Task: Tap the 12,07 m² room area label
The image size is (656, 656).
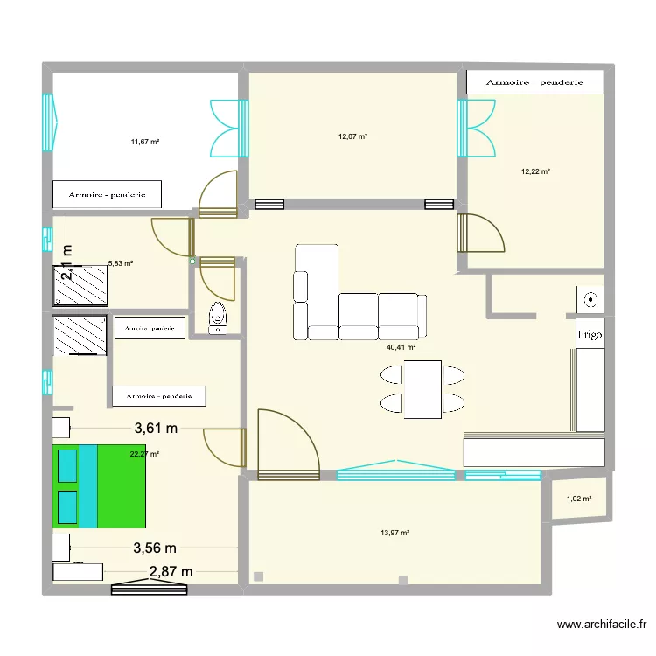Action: click(352, 136)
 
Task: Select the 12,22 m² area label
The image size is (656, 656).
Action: click(535, 171)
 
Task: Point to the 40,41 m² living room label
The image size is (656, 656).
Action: click(401, 347)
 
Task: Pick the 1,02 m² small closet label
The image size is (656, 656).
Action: click(579, 499)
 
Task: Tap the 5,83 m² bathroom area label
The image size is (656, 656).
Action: click(120, 262)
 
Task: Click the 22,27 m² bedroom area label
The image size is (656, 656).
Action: click(144, 454)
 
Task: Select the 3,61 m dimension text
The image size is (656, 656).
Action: click(156, 429)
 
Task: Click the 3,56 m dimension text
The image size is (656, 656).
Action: click(155, 548)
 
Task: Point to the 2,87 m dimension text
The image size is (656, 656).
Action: click(171, 572)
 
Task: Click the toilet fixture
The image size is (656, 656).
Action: click(216, 318)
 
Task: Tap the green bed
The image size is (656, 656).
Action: click(99, 486)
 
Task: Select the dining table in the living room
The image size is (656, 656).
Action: click(422, 389)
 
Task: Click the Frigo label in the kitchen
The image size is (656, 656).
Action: click(589, 334)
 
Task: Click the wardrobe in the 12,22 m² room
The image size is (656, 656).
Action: click(535, 82)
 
